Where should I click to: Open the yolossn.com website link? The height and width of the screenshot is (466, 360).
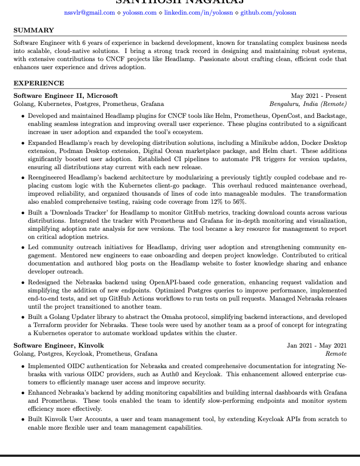click(141, 12)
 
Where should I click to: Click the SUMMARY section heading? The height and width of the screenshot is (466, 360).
click(34, 30)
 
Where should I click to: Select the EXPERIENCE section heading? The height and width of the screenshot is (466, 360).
click(38, 83)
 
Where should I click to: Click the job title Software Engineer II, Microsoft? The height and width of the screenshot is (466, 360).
click(65, 95)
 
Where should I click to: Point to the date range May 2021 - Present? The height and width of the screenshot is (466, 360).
click(318, 95)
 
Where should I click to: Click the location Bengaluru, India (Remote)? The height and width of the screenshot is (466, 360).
click(308, 104)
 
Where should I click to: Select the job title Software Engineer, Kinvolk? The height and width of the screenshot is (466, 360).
click(59, 345)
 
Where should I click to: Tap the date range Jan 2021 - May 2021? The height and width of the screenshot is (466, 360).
click(317, 345)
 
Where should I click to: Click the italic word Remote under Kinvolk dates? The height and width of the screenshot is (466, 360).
click(336, 354)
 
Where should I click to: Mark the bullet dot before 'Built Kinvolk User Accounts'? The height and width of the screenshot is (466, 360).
click(22, 420)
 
